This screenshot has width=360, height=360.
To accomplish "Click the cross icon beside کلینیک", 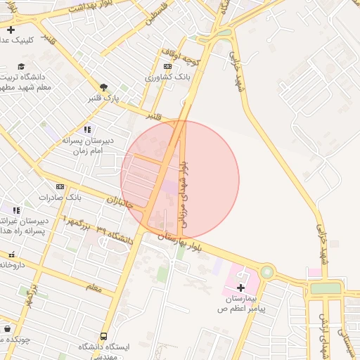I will (11, 30).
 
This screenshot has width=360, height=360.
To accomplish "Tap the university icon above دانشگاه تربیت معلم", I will (21, 67).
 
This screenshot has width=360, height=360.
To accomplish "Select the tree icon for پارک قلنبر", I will (104, 86).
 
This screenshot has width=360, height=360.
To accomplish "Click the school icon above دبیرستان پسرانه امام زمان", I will (87, 129).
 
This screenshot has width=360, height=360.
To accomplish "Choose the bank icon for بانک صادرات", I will (60, 186).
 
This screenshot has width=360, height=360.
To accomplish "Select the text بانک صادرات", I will (60, 198).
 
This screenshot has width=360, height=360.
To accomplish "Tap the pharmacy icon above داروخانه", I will (11, 255).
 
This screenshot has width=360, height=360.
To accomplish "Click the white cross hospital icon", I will (241, 287).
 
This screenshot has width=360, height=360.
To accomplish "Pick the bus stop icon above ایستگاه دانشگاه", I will (104, 337).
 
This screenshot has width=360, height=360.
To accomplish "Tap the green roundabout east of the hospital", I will (266, 271).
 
